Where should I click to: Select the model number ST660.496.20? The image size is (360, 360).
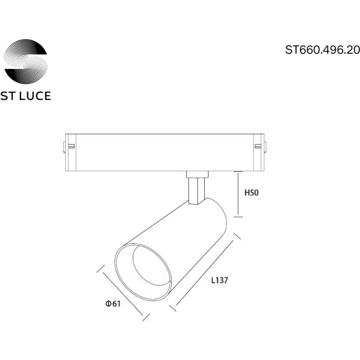(x=322, y=51)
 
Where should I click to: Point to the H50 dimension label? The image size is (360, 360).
(x=251, y=193)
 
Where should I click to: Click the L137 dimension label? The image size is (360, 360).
(x=220, y=280)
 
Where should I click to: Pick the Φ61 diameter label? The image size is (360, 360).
(x=112, y=304)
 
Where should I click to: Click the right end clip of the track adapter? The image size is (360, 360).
(x=259, y=146)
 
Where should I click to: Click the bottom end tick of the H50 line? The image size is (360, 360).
(x=238, y=217)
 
